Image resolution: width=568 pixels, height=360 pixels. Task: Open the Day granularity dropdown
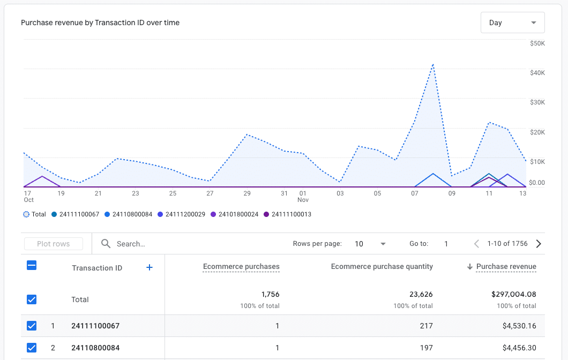click(512, 22)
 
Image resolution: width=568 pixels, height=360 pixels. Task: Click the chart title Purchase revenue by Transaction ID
click(100, 22)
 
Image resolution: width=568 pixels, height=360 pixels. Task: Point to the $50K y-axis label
click(536, 43)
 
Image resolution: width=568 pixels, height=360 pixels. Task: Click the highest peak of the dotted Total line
click(432, 64)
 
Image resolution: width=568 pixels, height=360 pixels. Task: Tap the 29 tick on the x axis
click(247, 193)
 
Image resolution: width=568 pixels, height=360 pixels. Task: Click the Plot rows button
click(54, 244)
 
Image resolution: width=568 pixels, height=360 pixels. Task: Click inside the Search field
click(188, 244)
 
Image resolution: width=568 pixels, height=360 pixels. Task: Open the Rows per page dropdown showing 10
click(370, 244)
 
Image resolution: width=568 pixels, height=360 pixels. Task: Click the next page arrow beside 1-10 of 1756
click(539, 244)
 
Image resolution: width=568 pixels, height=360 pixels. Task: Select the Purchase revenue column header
click(506, 266)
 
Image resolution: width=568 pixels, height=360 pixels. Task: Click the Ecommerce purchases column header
click(241, 266)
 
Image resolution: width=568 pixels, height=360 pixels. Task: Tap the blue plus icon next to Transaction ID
click(150, 267)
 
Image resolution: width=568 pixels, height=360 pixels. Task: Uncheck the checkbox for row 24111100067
click(32, 326)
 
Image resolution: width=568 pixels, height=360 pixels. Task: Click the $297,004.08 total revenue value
click(513, 294)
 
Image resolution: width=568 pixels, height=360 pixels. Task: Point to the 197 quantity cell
click(426, 348)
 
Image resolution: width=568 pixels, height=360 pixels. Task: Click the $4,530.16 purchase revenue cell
click(519, 326)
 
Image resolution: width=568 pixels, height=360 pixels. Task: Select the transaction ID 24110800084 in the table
click(95, 348)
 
